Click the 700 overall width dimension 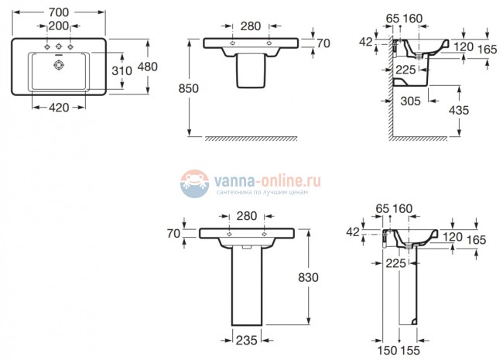(x=58, y=13)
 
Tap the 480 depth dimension (x=147, y=67)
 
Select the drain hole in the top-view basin (x=56, y=67)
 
